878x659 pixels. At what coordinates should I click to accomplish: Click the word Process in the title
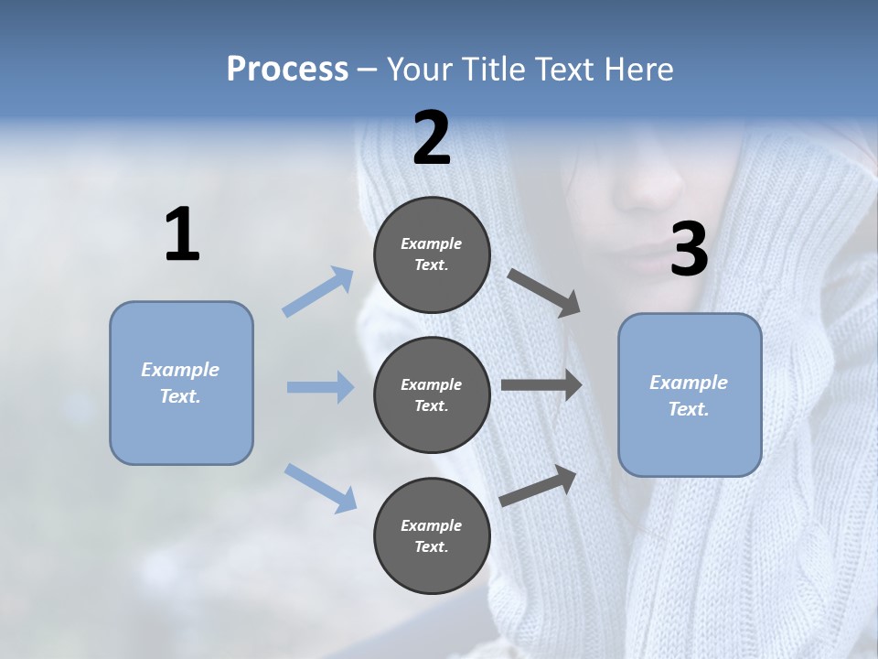(287, 70)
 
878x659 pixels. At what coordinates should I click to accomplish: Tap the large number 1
(182, 235)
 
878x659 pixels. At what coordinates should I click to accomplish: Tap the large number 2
(432, 138)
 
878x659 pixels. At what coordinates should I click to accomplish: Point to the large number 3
(690, 250)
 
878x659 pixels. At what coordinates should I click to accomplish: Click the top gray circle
(432, 254)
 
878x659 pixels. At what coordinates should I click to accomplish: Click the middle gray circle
(432, 395)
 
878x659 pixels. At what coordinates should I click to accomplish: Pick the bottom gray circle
(432, 536)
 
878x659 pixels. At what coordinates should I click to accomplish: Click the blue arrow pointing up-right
(318, 292)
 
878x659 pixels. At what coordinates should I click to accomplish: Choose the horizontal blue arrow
(320, 387)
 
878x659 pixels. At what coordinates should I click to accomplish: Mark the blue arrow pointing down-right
(320, 487)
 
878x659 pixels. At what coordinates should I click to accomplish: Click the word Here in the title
(639, 70)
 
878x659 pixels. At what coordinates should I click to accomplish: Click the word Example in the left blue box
(180, 370)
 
